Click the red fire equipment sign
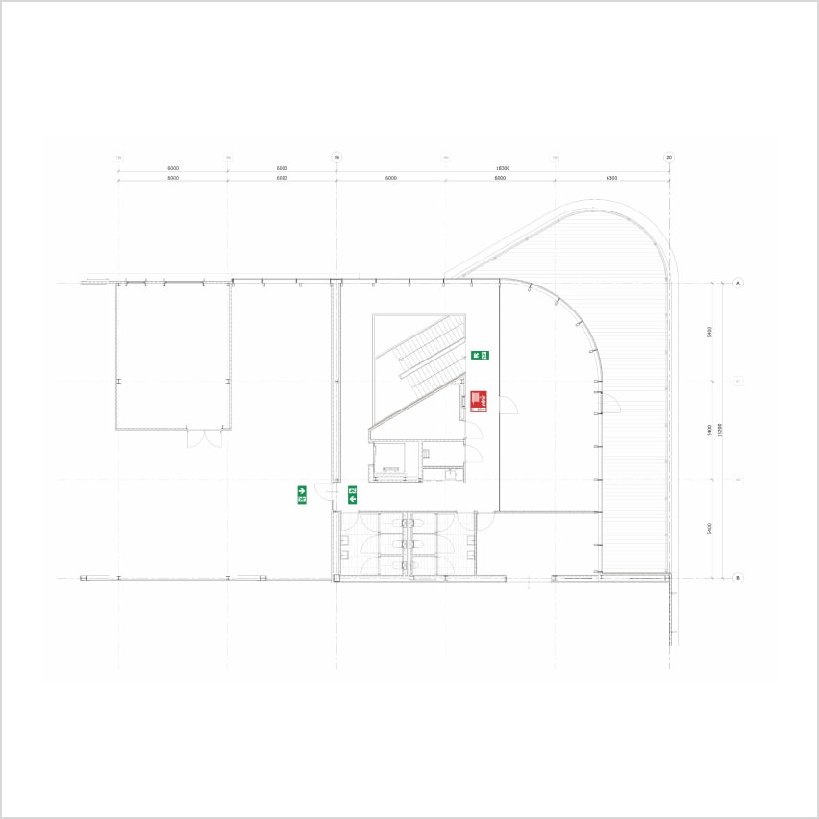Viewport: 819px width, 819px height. tap(479, 401)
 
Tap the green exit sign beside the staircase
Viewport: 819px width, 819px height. tap(480, 355)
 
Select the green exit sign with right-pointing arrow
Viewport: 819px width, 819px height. tap(302, 495)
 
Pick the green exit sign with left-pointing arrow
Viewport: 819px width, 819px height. tap(352, 495)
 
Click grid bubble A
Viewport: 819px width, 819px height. tap(738, 283)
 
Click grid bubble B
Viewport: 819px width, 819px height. tap(738, 578)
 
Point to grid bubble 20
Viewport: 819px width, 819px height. tap(669, 158)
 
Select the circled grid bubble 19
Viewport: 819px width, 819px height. tap(336, 158)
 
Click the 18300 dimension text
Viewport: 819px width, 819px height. tap(503, 168)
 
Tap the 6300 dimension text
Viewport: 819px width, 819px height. tap(611, 178)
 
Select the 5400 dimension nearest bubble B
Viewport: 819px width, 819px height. tap(709, 529)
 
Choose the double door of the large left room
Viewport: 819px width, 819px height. tap(205, 438)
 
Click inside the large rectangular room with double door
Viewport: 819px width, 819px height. tap(173, 356)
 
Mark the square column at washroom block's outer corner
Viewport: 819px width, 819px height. tap(336, 578)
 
